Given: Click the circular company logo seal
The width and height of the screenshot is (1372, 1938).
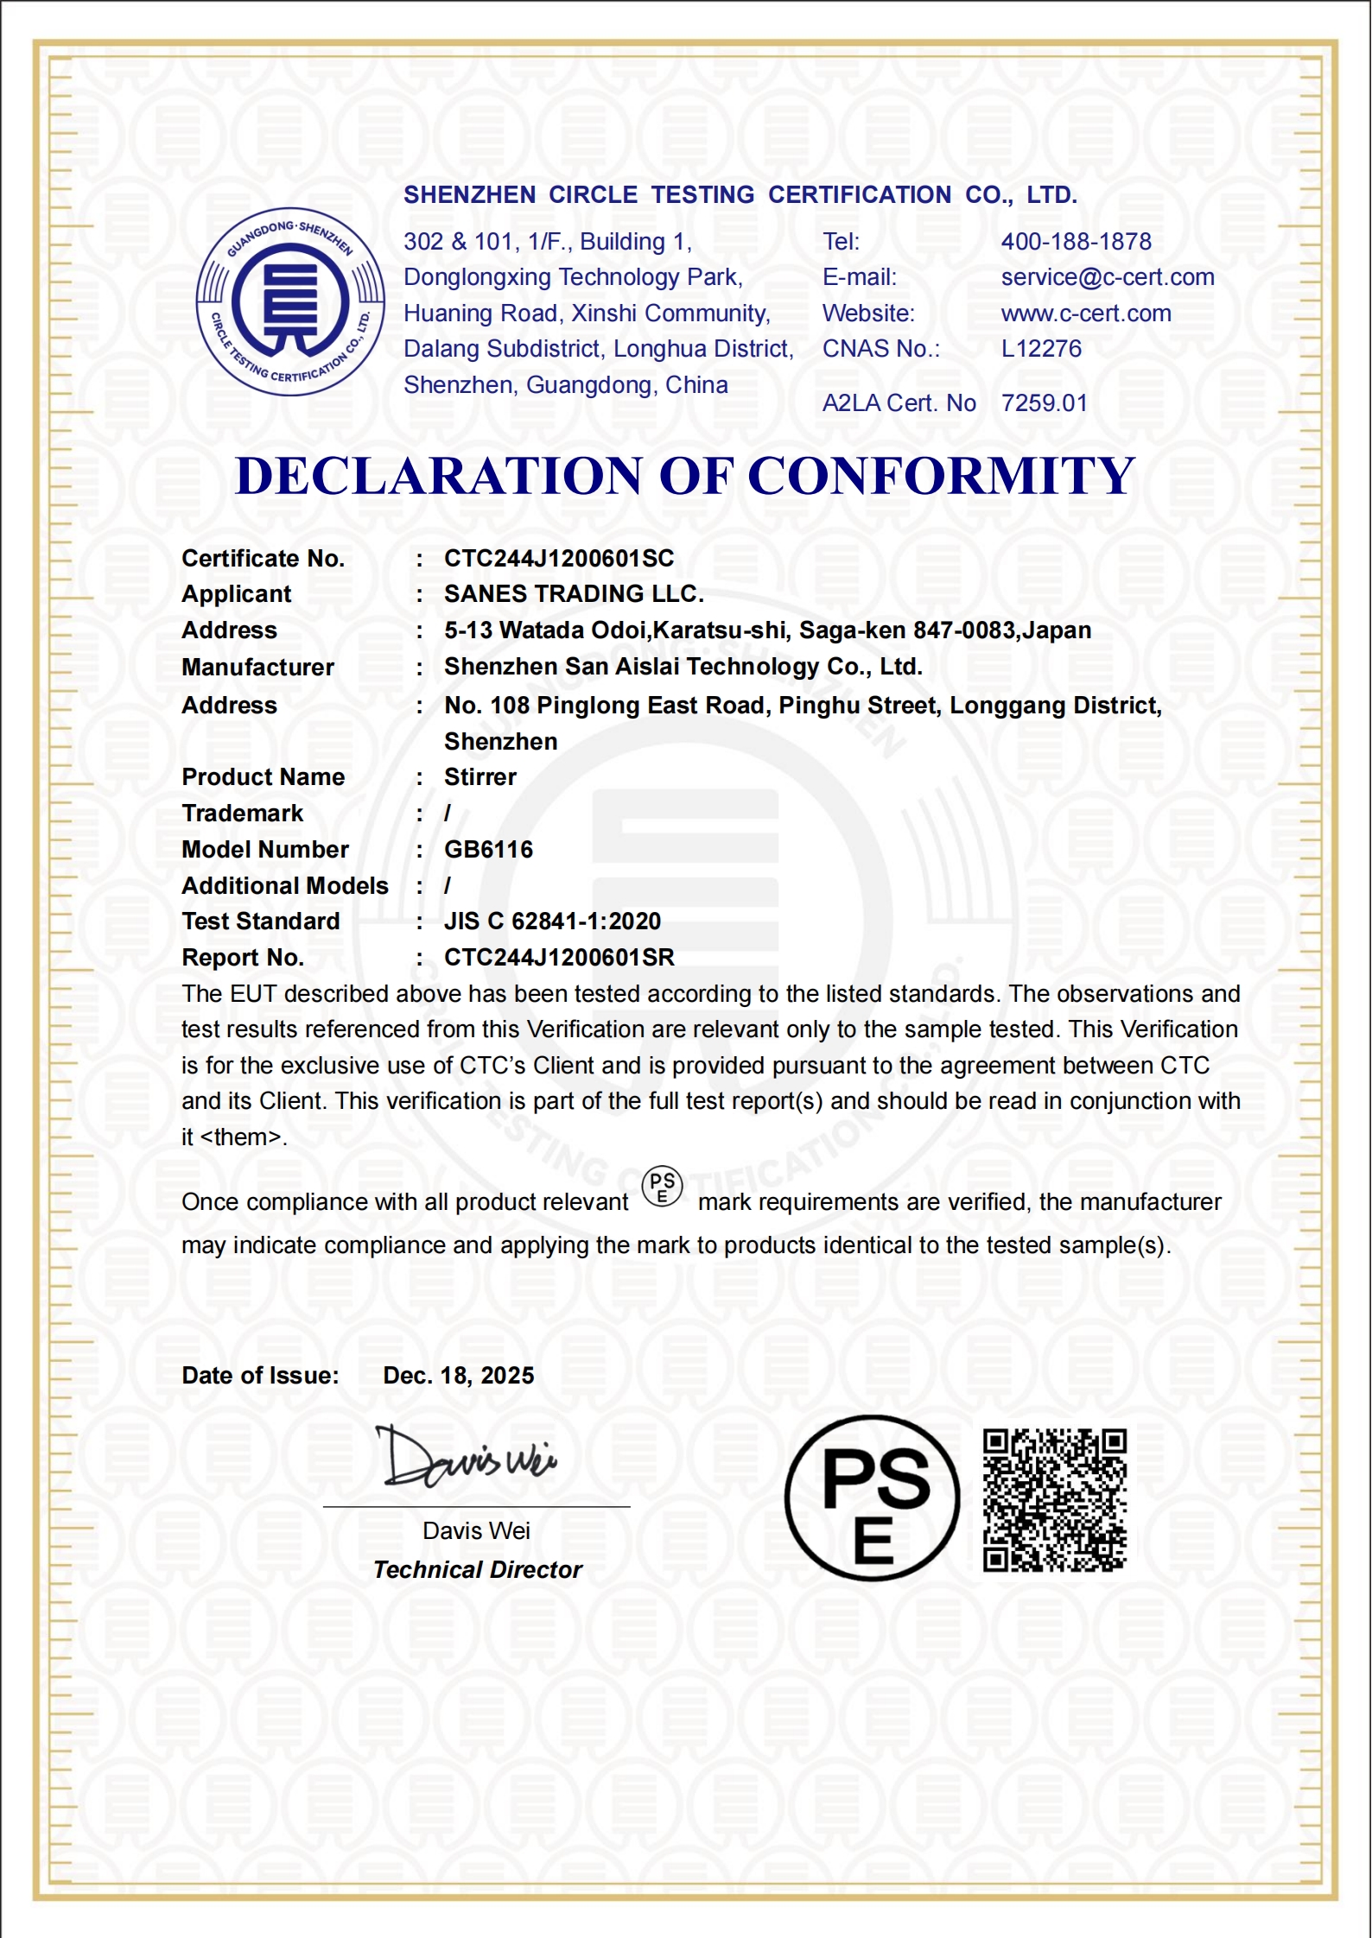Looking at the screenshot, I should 290,301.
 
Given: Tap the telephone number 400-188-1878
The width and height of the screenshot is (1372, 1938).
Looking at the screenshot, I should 1076,242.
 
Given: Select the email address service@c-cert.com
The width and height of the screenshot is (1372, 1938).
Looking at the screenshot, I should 1107,277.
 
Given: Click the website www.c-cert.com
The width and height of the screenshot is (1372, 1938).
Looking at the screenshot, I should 1086,313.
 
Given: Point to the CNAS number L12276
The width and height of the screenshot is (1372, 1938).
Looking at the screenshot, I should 1041,349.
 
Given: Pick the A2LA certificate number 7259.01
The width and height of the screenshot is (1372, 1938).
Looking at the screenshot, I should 1044,403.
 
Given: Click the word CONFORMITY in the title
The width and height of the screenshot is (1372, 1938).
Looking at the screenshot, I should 941,476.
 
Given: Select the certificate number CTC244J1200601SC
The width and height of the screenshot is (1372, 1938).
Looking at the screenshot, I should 559,559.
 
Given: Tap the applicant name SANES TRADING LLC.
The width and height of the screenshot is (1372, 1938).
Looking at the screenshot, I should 574,594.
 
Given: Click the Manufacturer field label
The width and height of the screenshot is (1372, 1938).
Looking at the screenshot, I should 257,668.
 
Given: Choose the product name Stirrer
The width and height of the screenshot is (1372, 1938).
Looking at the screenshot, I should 480,777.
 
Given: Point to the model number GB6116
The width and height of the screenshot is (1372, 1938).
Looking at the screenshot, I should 488,850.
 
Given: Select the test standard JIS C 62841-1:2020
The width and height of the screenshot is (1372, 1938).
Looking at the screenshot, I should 552,921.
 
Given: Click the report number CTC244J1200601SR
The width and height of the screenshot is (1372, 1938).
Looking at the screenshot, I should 559,958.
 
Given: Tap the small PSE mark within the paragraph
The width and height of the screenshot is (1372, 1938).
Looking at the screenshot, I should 663,1187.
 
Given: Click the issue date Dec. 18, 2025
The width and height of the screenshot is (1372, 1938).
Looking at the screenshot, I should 458,1376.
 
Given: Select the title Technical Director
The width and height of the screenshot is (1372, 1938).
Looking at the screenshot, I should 478,1570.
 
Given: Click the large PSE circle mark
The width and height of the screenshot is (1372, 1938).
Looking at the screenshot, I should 873,1499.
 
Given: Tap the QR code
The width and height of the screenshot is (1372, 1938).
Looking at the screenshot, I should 1055,1500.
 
